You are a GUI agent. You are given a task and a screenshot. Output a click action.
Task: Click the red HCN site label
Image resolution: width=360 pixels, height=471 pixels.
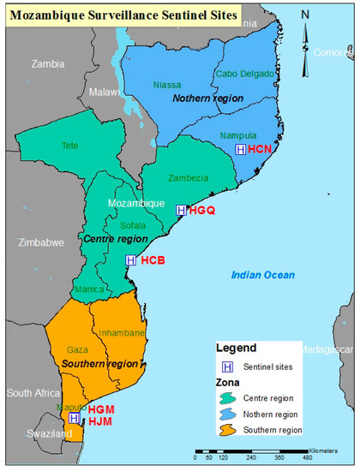260,150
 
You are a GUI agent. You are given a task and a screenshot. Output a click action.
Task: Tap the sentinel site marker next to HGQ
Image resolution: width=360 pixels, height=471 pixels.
181,210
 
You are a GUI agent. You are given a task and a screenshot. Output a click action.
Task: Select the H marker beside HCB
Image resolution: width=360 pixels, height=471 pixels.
130,259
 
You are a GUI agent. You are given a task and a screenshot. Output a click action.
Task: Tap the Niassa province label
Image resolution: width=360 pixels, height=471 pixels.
167,85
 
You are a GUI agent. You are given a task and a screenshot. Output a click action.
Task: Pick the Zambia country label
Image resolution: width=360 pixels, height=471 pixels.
47,63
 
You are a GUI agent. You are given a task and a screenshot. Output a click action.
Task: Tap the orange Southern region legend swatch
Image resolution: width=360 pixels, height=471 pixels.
228,427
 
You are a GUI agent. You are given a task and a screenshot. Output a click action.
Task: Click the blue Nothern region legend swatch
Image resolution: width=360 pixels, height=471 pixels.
228,413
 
